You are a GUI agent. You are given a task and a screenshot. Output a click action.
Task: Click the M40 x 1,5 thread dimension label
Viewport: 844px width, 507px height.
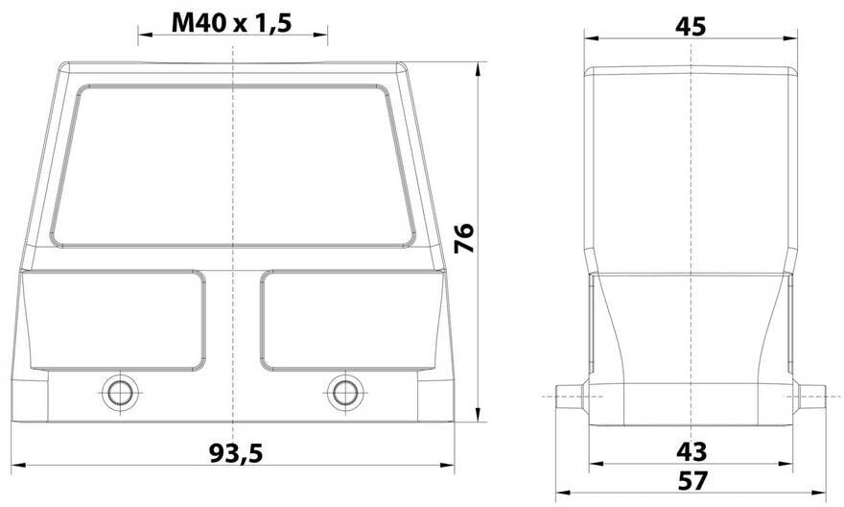(231, 22)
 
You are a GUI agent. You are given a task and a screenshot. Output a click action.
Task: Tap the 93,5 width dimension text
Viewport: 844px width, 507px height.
(236, 453)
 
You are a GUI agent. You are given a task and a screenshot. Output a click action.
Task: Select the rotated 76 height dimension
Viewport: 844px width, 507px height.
(464, 237)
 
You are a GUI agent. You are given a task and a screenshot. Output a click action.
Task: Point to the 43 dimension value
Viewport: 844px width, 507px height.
(692, 451)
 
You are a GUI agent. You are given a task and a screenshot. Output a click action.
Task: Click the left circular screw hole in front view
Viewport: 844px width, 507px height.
(120, 392)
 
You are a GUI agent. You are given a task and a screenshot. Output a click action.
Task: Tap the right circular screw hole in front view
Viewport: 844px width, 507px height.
(344, 392)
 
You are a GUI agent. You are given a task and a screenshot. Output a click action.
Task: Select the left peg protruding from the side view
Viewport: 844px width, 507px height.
(571, 397)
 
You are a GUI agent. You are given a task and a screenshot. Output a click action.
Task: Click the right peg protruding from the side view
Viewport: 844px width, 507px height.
(811, 397)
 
